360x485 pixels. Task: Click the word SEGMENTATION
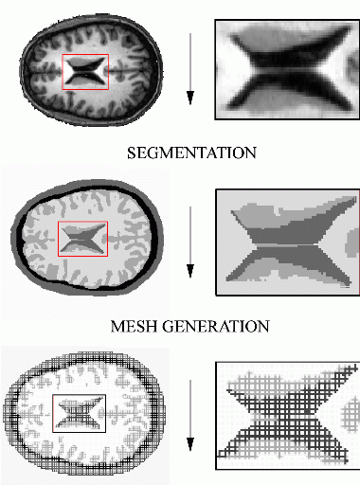point(191,153)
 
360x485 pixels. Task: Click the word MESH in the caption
point(134,327)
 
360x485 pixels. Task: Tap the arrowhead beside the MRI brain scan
point(190,98)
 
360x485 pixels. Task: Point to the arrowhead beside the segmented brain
point(190,271)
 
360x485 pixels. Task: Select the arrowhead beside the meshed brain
point(190,444)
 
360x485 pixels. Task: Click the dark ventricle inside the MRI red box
point(85,72)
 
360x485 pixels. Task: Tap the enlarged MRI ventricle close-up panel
point(287,69)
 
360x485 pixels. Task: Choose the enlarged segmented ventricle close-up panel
point(288,242)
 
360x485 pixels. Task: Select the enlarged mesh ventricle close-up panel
point(288,416)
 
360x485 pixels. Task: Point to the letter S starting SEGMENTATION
point(132,153)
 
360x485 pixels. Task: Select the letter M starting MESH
point(117,327)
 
